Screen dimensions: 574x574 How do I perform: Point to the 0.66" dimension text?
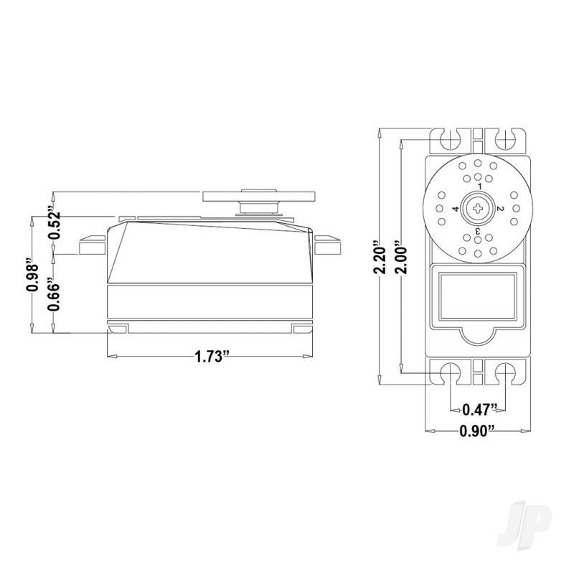[x=52, y=294]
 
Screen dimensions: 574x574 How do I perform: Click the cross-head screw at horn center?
[x=477, y=209]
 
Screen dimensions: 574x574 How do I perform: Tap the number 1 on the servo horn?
[x=477, y=187]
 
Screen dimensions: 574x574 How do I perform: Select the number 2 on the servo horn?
[x=500, y=209]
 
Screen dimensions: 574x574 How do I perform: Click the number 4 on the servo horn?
[x=455, y=209]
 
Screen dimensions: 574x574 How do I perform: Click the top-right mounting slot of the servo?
[x=504, y=137]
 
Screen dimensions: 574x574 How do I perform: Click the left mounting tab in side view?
[x=92, y=246]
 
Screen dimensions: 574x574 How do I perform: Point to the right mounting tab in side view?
[x=329, y=246]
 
